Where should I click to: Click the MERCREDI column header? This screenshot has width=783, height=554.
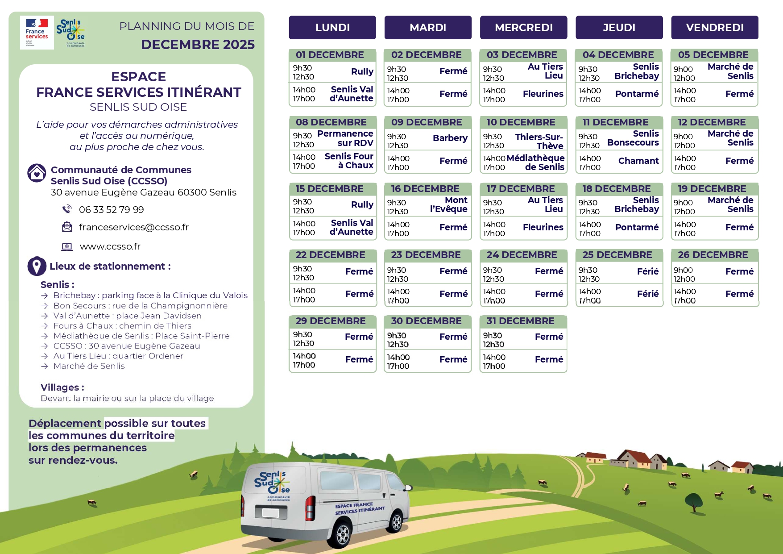[x=523, y=28]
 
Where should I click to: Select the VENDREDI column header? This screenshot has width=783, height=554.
[x=714, y=28]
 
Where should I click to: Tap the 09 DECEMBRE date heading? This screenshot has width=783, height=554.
[x=426, y=122]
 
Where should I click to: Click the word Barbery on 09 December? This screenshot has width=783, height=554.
[x=450, y=138]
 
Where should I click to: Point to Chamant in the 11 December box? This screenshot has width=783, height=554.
[x=638, y=161]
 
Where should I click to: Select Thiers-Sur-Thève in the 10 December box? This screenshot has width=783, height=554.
[x=539, y=142]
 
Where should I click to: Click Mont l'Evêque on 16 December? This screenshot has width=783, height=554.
[x=449, y=204]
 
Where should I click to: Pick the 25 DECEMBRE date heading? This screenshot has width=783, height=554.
[x=617, y=255]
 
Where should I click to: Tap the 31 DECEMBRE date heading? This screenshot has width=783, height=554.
[x=520, y=321]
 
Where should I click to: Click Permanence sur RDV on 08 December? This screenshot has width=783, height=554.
[x=345, y=138]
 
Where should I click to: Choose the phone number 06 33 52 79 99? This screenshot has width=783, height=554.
[x=111, y=210]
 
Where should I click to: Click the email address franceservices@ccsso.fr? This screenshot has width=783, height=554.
[x=133, y=227]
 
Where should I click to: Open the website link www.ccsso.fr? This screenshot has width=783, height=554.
[x=110, y=246]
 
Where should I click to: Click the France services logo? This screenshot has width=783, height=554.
[x=37, y=32]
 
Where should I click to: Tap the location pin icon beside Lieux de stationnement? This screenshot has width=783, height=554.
[x=37, y=266]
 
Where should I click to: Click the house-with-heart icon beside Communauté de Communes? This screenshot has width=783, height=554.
[x=37, y=173]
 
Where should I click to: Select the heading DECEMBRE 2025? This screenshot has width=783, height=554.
[x=198, y=45]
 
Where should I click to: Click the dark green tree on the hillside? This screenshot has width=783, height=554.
[x=694, y=501]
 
